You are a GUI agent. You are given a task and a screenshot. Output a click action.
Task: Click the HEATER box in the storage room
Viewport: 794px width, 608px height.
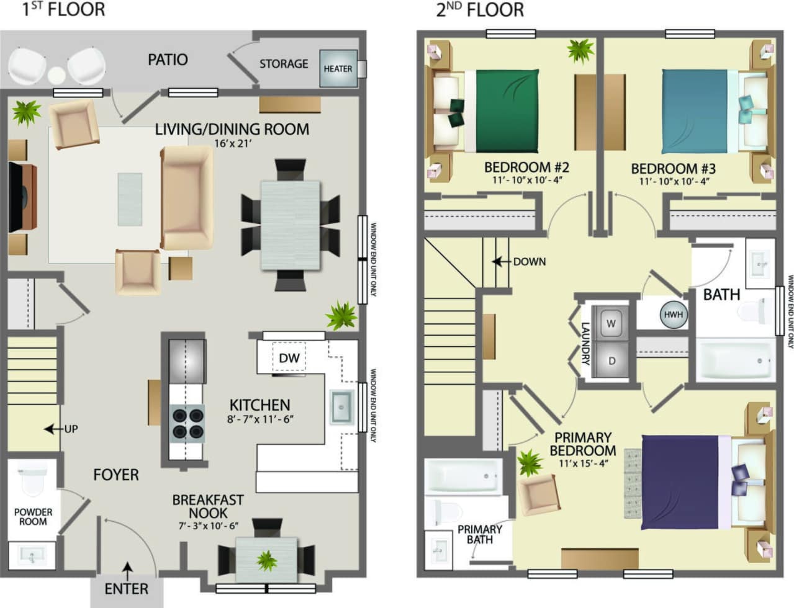[338, 68]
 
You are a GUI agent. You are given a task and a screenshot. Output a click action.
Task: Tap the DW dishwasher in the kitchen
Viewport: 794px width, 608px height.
[289, 358]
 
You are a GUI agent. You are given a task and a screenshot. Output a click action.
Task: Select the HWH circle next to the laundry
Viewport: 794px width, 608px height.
[673, 315]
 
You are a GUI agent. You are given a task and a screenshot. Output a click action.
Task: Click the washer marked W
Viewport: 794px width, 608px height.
[611, 323]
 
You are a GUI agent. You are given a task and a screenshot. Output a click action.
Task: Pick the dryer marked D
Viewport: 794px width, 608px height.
[611, 360]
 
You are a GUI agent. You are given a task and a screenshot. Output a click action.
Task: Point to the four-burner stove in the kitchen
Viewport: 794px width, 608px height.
[187, 422]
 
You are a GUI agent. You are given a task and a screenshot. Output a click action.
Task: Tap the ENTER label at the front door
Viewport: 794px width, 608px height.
[127, 588]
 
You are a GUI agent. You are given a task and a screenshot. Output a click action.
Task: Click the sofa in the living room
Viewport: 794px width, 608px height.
[186, 198]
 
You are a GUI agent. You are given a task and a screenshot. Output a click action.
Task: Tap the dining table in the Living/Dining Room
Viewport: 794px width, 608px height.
[291, 225]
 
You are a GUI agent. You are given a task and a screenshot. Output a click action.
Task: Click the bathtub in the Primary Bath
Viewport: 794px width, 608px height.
[463, 476]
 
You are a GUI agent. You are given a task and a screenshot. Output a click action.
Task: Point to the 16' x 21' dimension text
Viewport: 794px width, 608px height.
[232, 143]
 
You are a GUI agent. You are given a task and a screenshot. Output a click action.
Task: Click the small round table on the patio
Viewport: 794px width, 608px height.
[56, 74]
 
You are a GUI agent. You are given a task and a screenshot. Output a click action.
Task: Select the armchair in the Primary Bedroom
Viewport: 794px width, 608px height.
[539, 495]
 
